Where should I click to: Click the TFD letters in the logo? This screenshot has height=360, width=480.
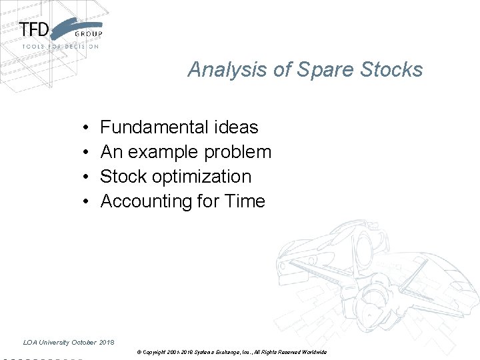(34, 30)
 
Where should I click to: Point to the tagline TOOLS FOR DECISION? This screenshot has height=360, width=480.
(60, 47)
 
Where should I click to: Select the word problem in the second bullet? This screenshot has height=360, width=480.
(238, 152)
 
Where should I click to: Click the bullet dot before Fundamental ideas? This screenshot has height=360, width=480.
(87, 127)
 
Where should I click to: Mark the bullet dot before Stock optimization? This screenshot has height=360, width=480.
(87, 177)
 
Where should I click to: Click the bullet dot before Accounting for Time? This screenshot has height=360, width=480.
(87, 202)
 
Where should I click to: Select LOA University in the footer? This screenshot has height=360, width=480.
(46, 343)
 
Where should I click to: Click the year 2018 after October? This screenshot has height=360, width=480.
(107, 343)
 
